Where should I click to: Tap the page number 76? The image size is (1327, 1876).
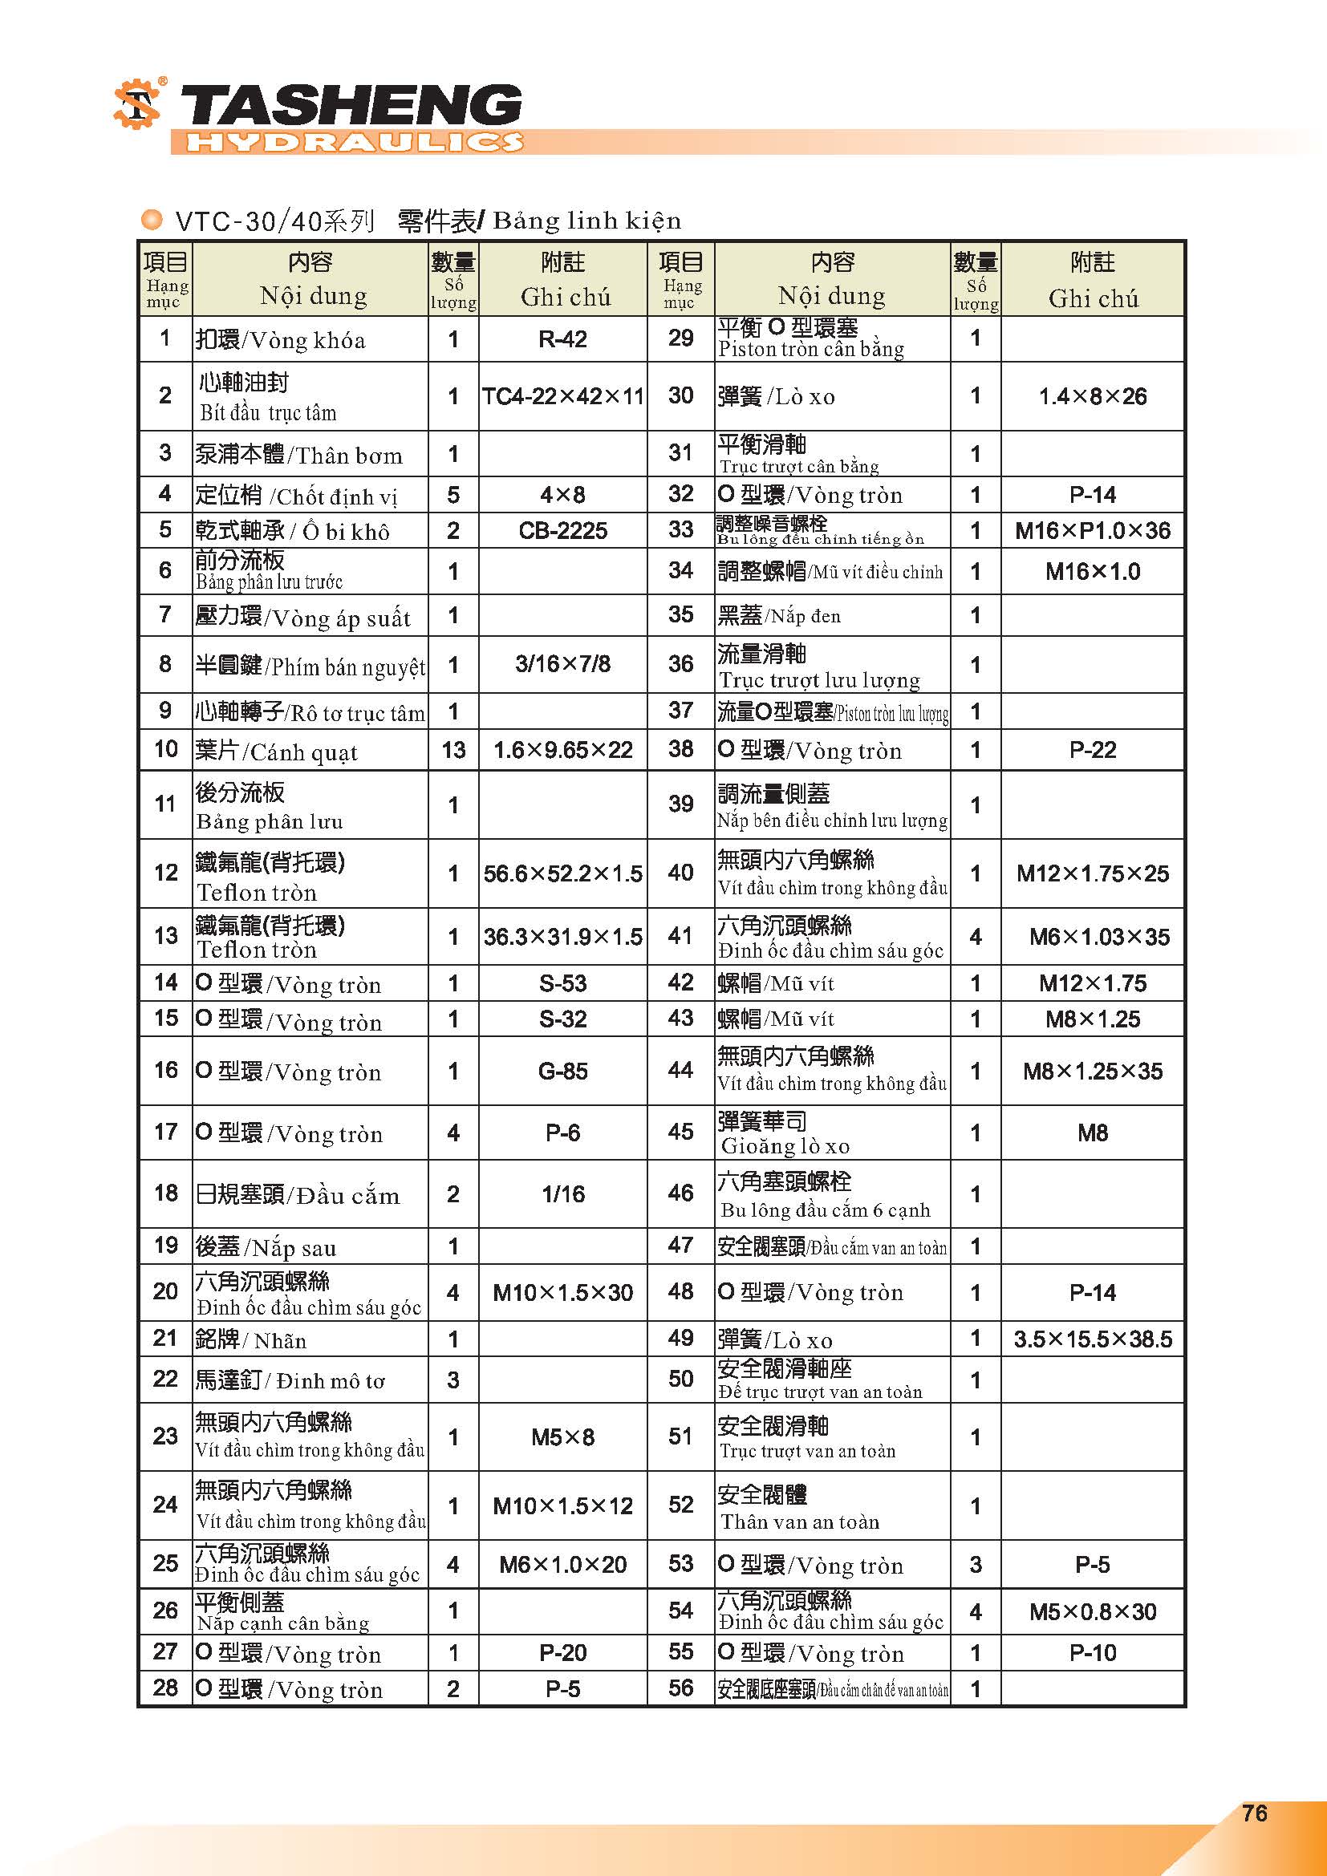pyautogui.click(x=1254, y=1813)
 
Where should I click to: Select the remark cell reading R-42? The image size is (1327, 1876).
pyautogui.click(x=562, y=339)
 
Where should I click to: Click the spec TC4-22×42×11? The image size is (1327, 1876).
pyautogui.click(x=562, y=396)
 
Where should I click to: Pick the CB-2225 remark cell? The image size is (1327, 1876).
pyautogui.click(x=562, y=531)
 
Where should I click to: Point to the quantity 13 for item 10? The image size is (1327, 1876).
pyautogui.click(x=453, y=750)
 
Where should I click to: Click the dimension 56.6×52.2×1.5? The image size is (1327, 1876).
pyautogui.click(x=562, y=873)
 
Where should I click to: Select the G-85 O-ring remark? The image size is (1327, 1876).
pyautogui.click(x=562, y=1072)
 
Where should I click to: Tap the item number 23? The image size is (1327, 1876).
pyautogui.click(x=165, y=1436)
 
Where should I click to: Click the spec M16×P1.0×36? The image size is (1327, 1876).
pyautogui.click(x=1093, y=531)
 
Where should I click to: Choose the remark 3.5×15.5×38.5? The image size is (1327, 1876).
pyautogui.click(x=1093, y=1339)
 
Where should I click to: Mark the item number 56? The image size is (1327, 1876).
pyautogui.click(x=680, y=1688)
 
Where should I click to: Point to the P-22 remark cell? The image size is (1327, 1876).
pyautogui.click(x=1093, y=750)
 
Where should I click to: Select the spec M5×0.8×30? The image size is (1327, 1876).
pyautogui.click(x=1093, y=1612)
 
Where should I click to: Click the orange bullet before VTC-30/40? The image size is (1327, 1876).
pyautogui.click(x=151, y=219)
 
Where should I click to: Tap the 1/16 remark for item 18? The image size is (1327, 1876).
pyautogui.click(x=562, y=1194)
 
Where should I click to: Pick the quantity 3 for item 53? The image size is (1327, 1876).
pyautogui.click(x=976, y=1565)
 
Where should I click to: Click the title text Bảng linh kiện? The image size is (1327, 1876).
pyautogui.click(x=586, y=221)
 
